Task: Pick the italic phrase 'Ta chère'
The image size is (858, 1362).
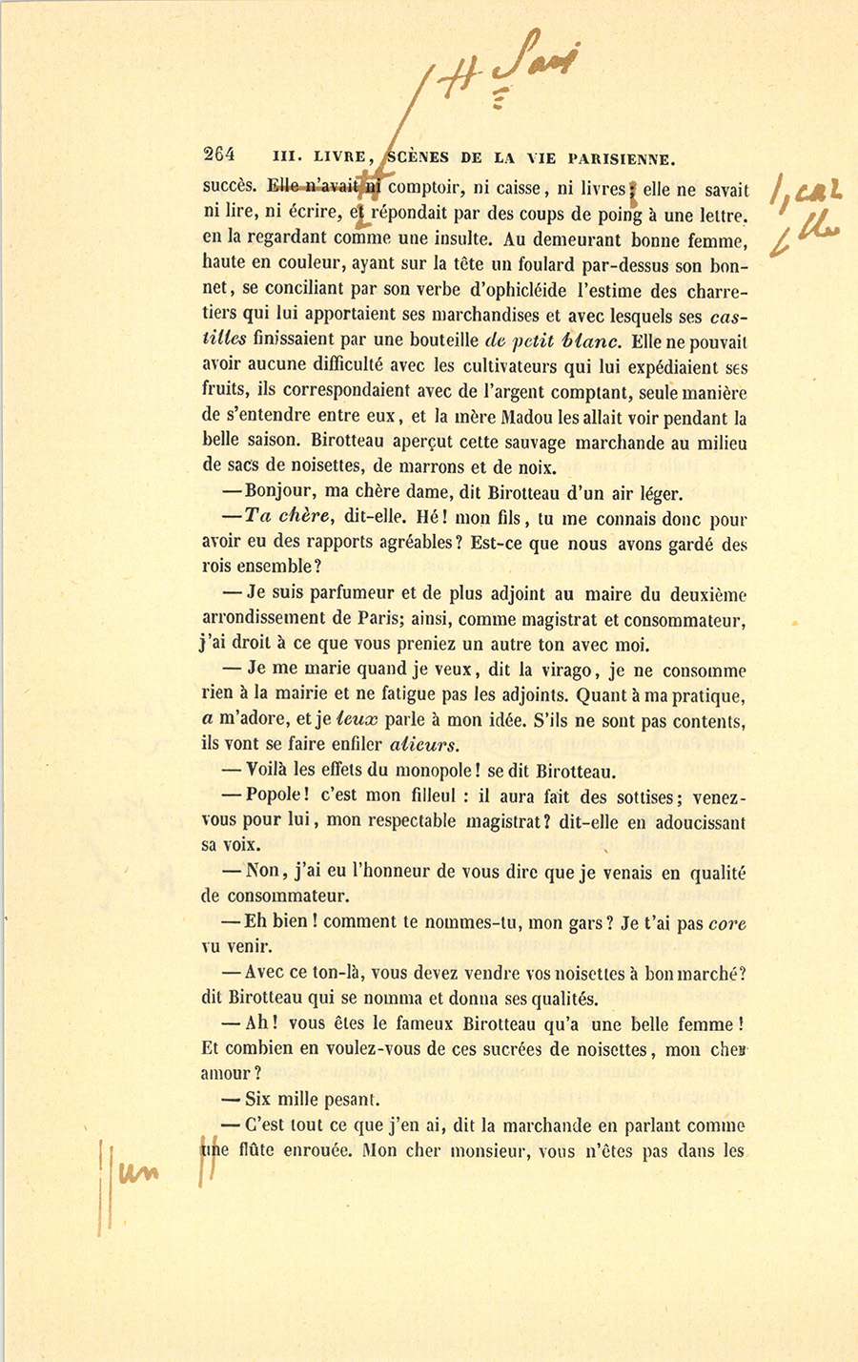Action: coord(285,518)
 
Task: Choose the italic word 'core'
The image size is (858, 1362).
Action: coord(728,923)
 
